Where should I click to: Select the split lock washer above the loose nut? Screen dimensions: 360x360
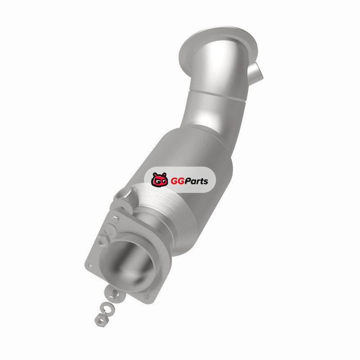point(107,309)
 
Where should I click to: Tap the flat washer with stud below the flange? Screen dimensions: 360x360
point(115,295)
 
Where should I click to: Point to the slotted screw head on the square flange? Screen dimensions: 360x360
point(147,297)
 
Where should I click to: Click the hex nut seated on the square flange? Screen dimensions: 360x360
point(103,240)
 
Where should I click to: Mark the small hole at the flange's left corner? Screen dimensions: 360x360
point(90,265)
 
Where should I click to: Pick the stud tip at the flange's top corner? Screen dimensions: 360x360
point(116,219)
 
